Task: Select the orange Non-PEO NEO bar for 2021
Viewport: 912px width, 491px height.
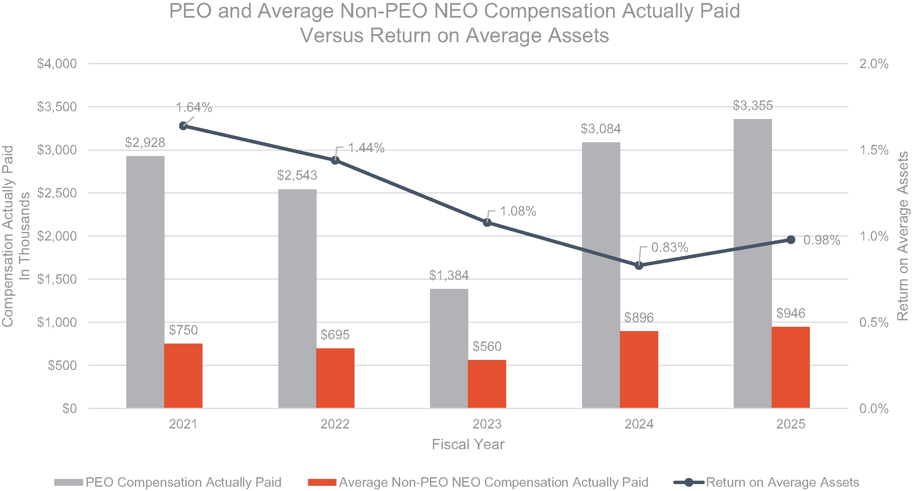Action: pyautogui.click(x=183, y=375)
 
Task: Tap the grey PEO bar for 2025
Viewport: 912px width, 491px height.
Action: pyautogui.click(x=753, y=263)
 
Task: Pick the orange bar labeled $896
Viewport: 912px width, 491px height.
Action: pyautogui.click(x=639, y=369)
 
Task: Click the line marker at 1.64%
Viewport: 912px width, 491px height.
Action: pyautogui.click(x=183, y=126)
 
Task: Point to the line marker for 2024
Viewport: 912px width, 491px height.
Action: pyautogui.click(x=639, y=265)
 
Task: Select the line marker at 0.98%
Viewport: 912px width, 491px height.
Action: pyautogui.click(x=791, y=240)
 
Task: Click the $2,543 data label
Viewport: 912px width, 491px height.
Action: pyautogui.click(x=297, y=175)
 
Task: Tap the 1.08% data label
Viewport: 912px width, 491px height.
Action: pyautogui.click(x=518, y=211)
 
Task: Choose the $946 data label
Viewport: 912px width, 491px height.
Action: pyautogui.click(x=791, y=313)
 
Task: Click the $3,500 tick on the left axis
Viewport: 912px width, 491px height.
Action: pyautogui.click(x=57, y=107)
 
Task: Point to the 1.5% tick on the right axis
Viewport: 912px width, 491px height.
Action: pyautogui.click(x=874, y=150)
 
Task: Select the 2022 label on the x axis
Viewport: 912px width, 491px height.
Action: pyautogui.click(x=335, y=424)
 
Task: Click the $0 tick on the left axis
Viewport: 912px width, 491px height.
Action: pyautogui.click(x=69, y=409)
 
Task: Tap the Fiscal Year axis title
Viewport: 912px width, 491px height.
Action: pyautogui.click(x=468, y=444)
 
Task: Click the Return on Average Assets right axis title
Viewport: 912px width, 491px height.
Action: pyautogui.click(x=902, y=236)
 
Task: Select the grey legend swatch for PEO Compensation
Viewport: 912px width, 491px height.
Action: pyautogui.click(x=69, y=482)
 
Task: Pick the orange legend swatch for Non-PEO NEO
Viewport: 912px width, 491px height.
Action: pyautogui.click(x=322, y=482)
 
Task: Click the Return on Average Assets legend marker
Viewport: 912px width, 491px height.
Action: pyautogui.click(x=689, y=482)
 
